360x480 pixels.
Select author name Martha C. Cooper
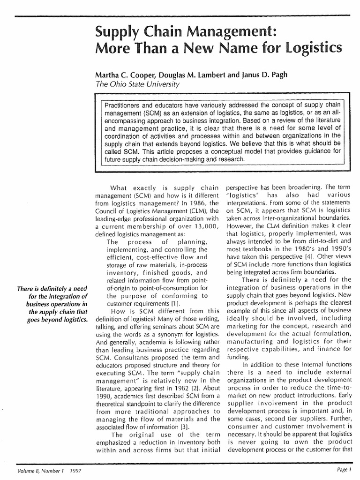[123, 75]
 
